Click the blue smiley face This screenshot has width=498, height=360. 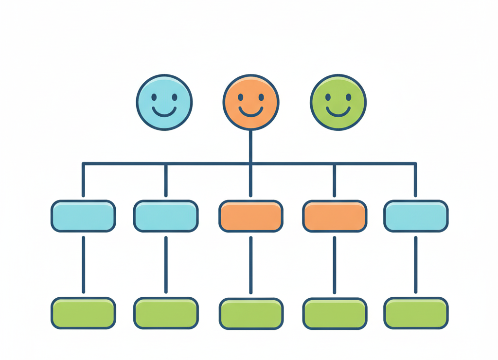click(164, 103)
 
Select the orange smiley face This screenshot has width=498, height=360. click(251, 103)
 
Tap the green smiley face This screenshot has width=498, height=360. click(338, 103)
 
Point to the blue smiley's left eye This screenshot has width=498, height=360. click(154, 97)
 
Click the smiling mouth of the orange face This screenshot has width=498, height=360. click(251, 112)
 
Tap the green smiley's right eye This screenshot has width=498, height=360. click(348, 97)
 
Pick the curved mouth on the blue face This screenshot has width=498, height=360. click(164, 112)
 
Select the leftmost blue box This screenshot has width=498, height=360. click(83, 216)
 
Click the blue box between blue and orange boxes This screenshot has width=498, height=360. click(166, 216)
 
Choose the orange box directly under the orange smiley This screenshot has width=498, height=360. click(251, 216)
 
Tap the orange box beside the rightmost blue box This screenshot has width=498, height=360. click(334, 216)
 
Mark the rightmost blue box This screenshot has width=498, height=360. click(416, 216)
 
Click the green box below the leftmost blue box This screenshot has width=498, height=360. click(83, 313)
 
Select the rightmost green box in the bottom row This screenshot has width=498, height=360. click(416, 313)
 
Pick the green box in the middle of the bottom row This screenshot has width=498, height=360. click(251, 313)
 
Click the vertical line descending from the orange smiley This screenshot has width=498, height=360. click(251, 146)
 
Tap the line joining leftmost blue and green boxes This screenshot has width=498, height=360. click(83, 265)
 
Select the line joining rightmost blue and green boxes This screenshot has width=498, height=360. click(416, 265)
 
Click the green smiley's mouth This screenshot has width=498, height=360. click(338, 112)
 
